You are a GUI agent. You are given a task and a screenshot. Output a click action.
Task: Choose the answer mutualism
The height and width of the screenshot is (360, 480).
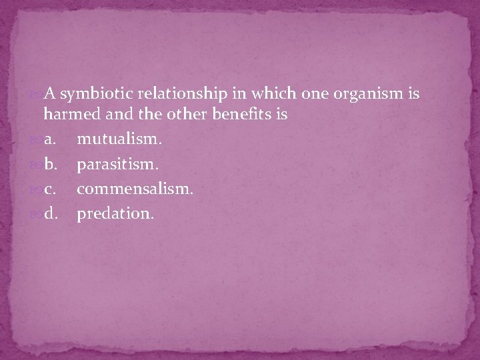pos(119,140)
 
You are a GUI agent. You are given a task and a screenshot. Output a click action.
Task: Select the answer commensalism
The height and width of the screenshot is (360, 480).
pos(135,190)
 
